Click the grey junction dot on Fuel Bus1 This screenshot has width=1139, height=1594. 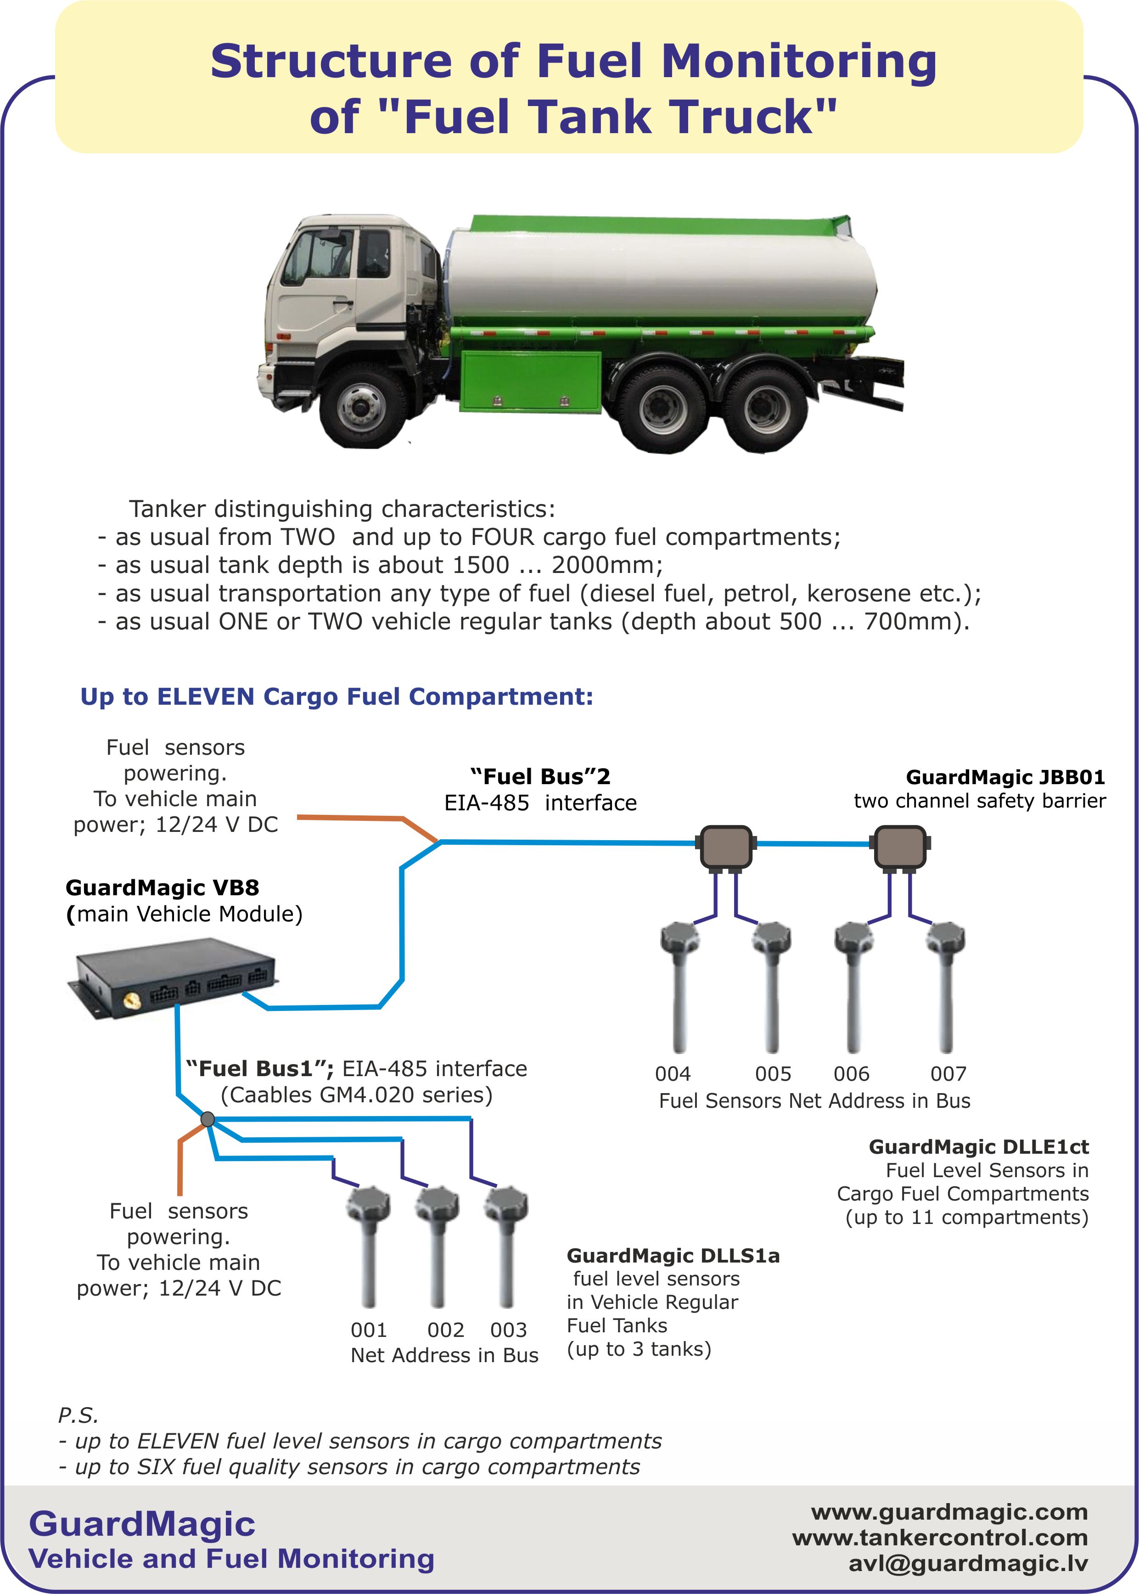coord(208,1118)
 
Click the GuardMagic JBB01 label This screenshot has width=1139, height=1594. coord(1005,777)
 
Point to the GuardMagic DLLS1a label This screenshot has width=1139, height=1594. coord(673,1255)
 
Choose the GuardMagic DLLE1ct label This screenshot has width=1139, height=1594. coord(978,1146)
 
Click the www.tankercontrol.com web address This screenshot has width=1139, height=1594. coord(940,1537)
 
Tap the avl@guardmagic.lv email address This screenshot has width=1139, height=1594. coord(968,1563)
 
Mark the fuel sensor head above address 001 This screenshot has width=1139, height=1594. coord(368,1205)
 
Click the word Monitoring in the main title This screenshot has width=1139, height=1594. coord(798,61)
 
